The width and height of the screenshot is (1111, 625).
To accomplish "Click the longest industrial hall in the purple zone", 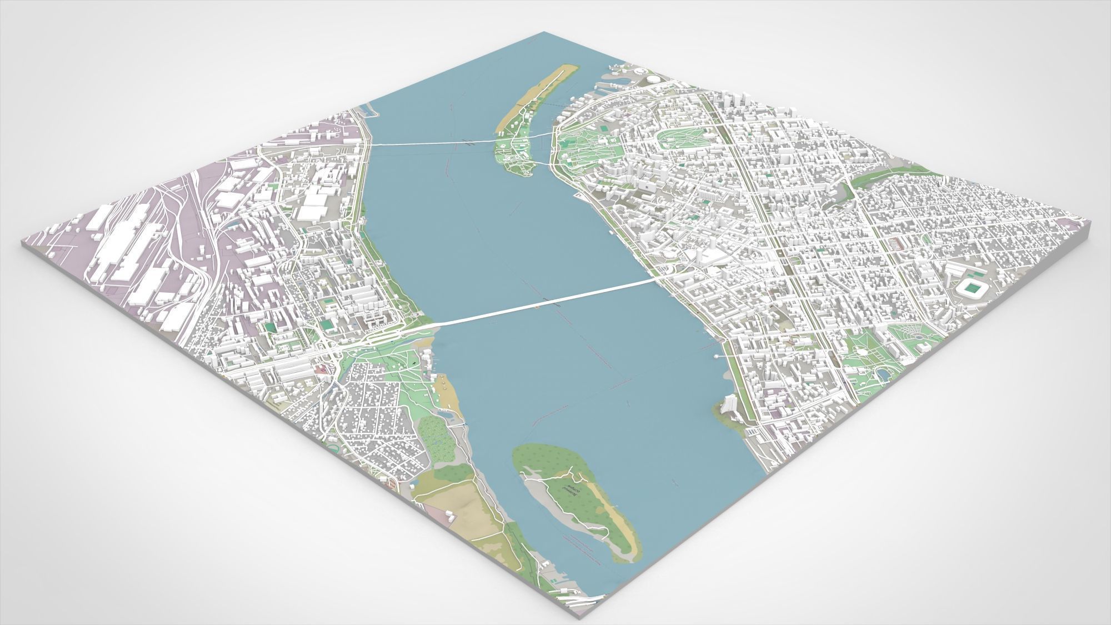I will [119, 244].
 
